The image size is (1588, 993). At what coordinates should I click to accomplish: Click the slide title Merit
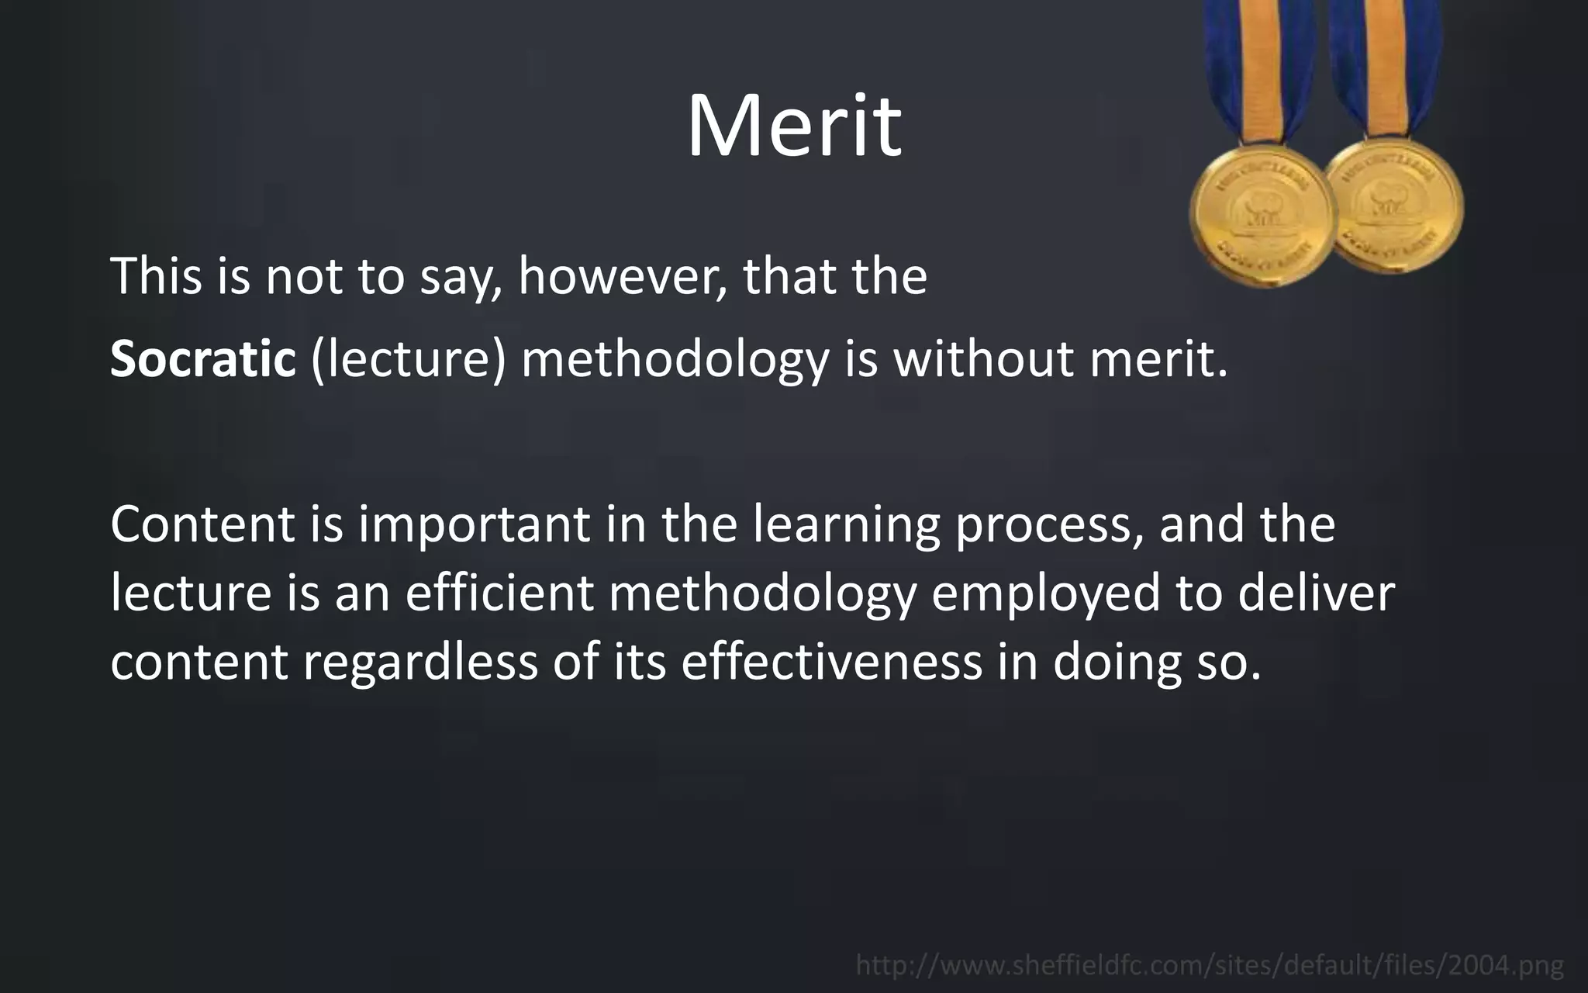pyautogui.click(x=794, y=126)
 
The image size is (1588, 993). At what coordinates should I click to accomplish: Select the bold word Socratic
pyautogui.click(x=203, y=359)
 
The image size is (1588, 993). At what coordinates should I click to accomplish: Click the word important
pyautogui.click(x=475, y=524)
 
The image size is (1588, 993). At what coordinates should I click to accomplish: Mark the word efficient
pyautogui.click(x=499, y=593)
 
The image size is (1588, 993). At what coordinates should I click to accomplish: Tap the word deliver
pyautogui.click(x=1316, y=593)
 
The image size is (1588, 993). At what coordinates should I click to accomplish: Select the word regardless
pyautogui.click(x=419, y=663)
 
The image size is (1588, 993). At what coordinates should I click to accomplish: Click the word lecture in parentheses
pyautogui.click(x=408, y=360)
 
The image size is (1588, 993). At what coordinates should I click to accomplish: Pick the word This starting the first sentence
pyautogui.click(x=156, y=276)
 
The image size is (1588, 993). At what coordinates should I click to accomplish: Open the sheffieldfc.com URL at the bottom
pyautogui.click(x=1210, y=966)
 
